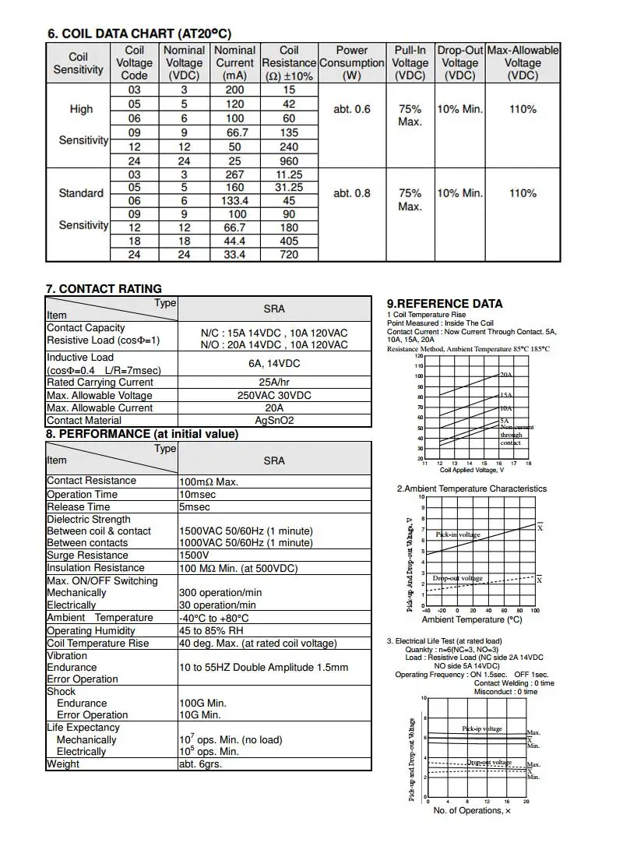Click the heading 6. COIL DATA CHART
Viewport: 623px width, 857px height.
click(x=139, y=34)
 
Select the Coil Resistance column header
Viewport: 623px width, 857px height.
click(x=289, y=62)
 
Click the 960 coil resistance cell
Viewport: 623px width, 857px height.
click(x=289, y=159)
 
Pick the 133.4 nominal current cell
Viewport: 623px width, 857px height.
click(x=234, y=200)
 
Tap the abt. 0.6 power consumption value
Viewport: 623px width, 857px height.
click(x=352, y=109)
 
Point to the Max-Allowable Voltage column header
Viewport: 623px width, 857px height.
click(x=523, y=62)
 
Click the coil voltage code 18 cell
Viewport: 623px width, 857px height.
click(x=135, y=242)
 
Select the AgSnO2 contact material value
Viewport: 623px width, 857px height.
click(x=274, y=420)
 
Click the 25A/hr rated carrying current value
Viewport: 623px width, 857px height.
click(x=274, y=383)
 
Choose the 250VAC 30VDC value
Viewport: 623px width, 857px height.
click(x=274, y=395)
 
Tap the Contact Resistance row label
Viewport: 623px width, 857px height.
click(x=91, y=481)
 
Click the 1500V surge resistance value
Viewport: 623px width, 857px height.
click(x=194, y=555)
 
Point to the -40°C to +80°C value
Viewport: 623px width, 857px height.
click(x=214, y=618)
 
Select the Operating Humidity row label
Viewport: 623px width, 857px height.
click(x=91, y=630)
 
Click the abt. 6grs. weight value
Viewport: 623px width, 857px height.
click(x=200, y=764)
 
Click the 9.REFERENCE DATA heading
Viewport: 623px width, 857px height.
click(x=445, y=304)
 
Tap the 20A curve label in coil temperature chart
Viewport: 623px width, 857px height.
click(x=506, y=375)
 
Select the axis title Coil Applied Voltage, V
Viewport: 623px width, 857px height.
click(x=472, y=470)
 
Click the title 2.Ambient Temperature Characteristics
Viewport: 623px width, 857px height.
click(x=472, y=488)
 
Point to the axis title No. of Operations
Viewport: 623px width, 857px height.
click(x=472, y=810)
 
